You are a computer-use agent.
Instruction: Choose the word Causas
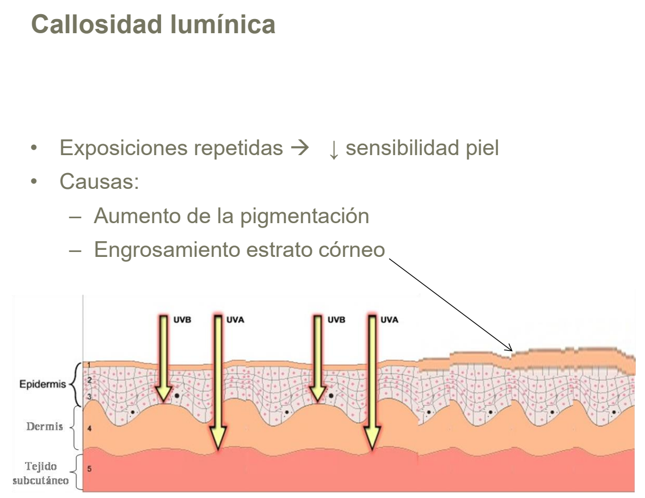pos(99,182)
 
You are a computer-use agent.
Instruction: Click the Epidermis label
pos(42,384)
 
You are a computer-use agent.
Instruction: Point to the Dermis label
pos(45,426)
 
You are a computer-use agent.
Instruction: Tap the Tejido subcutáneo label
pos(41,474)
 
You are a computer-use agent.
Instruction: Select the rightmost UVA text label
pos(389,320)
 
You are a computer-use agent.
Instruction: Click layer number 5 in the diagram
pos(89,469)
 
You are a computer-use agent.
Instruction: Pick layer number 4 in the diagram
pos(89,429)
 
